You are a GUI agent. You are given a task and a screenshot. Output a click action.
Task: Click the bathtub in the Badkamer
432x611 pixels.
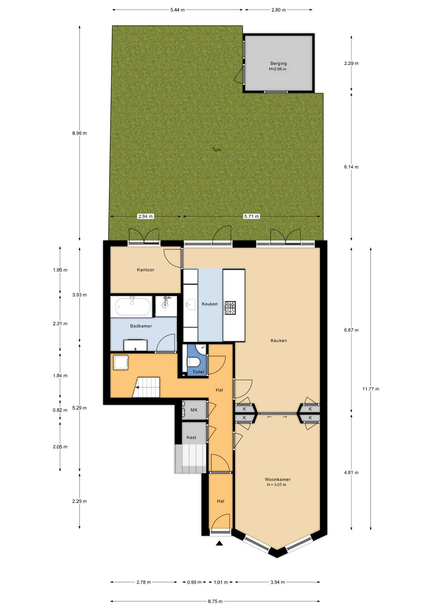click(133, 306)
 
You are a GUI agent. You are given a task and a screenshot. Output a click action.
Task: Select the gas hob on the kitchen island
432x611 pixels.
click(230, 308)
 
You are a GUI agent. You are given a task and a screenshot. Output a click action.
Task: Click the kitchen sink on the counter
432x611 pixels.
click(191, 304)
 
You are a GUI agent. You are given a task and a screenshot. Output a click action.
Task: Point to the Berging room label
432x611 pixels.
click(278, 63)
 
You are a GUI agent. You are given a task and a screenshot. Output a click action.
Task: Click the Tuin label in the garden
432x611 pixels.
click(217, 150)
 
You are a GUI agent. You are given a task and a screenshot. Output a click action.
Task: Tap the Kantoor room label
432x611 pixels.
click(145, 270)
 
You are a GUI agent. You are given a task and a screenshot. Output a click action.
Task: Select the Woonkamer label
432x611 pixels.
click(277, 479)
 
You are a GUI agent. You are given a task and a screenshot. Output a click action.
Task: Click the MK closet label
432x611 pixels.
click(194, 410)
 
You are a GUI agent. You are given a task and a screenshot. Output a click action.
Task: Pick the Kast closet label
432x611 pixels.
click(192, 437)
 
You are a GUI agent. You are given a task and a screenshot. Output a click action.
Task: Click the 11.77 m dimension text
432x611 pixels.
click(371, 389)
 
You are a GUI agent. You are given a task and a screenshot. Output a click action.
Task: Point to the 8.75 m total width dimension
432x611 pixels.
click(215, 601)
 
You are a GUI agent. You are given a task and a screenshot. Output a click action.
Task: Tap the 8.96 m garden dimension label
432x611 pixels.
click(79, 133)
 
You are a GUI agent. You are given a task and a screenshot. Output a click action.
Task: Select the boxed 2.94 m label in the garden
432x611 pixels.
click(145, 216)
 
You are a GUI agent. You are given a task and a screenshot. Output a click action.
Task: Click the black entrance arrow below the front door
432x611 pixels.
click(219, 543)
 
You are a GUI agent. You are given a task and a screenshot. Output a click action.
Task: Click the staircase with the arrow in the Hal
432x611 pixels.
click(146, 387)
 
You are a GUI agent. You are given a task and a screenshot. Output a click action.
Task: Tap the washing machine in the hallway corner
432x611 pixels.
click(121, 362)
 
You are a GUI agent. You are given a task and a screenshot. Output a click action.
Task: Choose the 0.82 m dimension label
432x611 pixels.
click(60, 410)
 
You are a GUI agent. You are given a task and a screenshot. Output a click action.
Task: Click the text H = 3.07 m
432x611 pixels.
click(276, 485)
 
